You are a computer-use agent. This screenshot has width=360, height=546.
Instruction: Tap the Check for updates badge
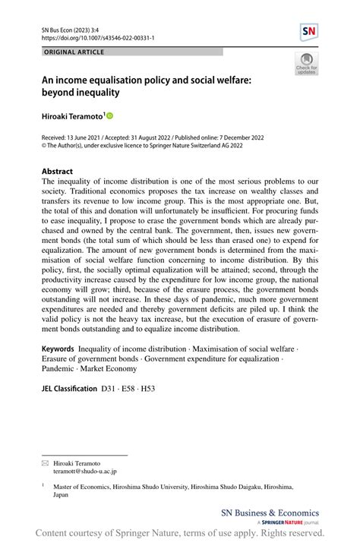(307, 66)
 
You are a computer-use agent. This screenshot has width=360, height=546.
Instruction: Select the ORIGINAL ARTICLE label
(74, 52)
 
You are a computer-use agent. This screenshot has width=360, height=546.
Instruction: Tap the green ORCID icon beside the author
(109, 116)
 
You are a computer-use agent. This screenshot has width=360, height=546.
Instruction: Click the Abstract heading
(58, 172)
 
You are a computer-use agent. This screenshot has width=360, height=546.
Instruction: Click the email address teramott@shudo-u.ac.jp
(85, 472)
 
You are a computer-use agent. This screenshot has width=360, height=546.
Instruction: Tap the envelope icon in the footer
(46, 462)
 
